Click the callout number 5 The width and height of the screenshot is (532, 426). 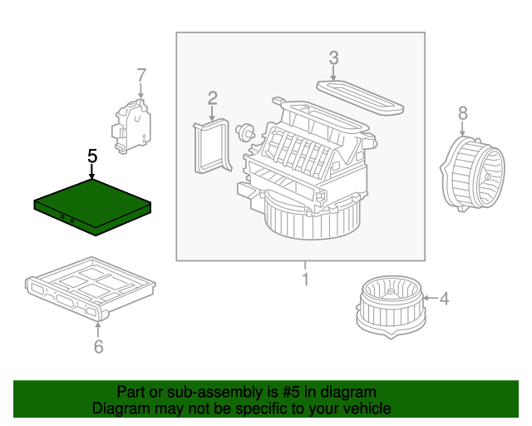click(x=92, y=156)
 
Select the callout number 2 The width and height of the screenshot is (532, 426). click(x=213, y=98)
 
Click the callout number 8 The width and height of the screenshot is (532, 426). click(x=463, y=112)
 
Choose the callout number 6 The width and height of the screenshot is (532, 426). click(x=98, y=346)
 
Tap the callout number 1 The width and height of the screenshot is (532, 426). click(x=304, y=279)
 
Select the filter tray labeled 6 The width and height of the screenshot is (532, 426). click(x=90, y=287)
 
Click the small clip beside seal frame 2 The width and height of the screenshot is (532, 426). click(x=244, y=130)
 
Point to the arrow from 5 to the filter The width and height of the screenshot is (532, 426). click(x=92, y=171)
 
